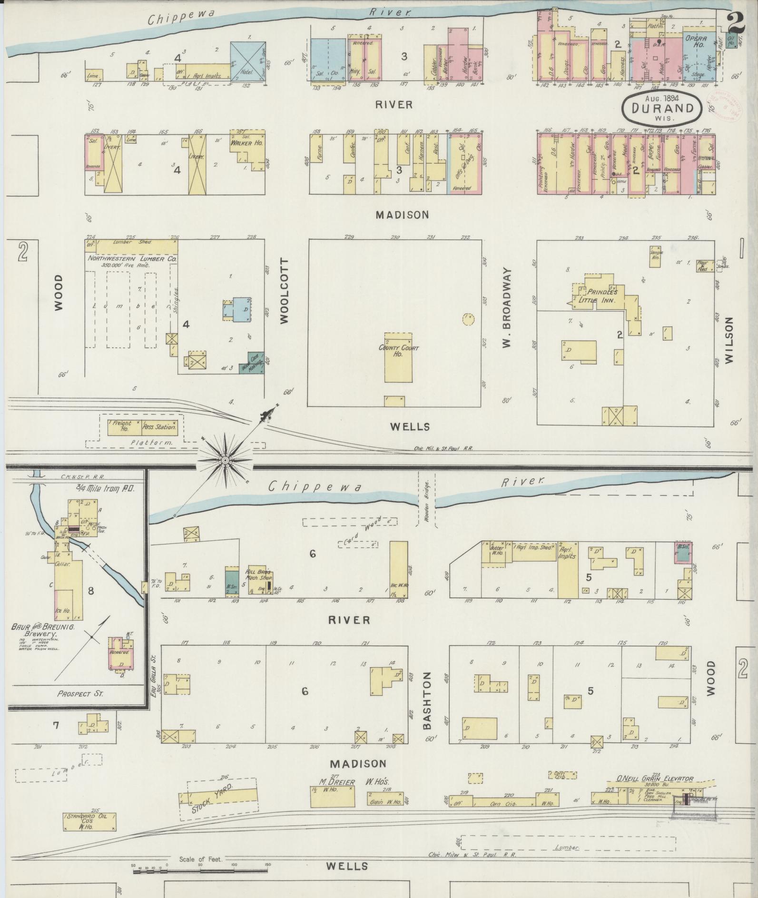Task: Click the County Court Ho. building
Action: pos(398,357)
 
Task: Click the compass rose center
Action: pos(225,460)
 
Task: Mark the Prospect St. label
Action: pos(80,693)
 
